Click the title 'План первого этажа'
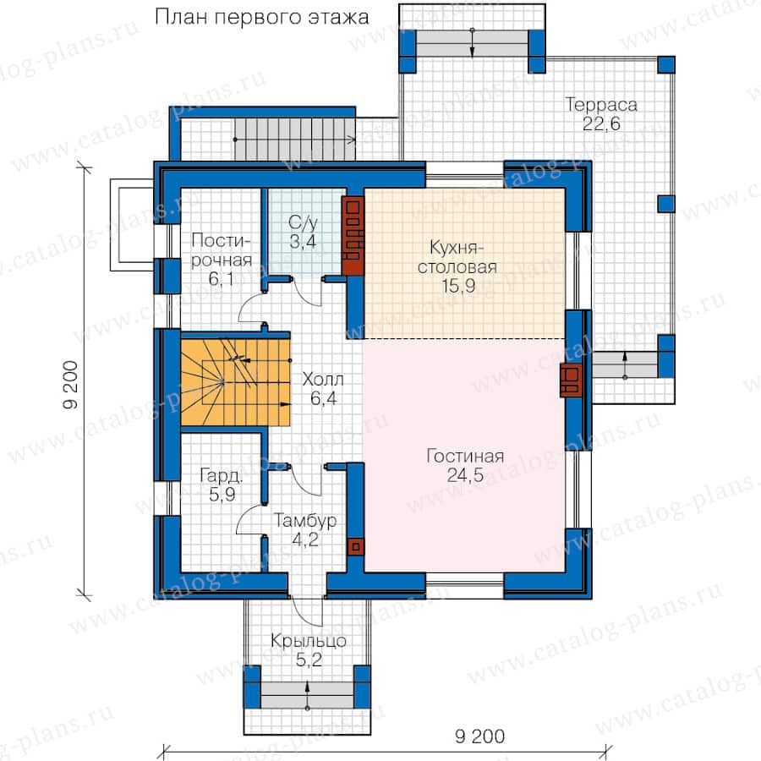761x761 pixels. (x=261, y=18)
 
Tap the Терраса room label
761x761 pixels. (x=601, y=105)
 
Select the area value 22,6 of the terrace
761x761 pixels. (x=601, y=124)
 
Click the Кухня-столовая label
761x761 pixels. (x=457, y=257)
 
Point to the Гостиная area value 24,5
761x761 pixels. (x=465, y=475)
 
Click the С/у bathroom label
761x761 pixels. (x=303, y=222)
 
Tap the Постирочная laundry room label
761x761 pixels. (x=222, y=250)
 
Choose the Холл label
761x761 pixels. (x=323, y=380)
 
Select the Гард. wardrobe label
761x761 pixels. (x=222, y=475)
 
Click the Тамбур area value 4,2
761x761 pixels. (x=305, y=539)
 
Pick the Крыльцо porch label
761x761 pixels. (x=308, y=641)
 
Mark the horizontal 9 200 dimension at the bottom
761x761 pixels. (x=479, y=736)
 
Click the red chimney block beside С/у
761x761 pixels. (x=353, y=236)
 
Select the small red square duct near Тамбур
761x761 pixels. (x=356, y=547)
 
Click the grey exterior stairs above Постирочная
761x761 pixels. (x=295, y=140)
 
